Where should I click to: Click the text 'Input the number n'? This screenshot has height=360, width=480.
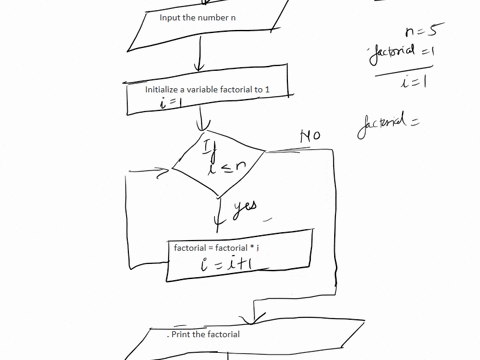199,17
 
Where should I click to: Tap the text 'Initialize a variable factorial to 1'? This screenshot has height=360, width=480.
207,90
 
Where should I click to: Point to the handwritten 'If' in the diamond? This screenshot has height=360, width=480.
210,147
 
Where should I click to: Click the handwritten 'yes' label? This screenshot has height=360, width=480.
244,209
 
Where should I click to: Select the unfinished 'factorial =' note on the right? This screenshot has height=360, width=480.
384,126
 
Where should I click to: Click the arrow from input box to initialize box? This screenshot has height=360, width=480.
199,56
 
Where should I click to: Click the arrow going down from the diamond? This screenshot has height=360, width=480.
218,213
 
